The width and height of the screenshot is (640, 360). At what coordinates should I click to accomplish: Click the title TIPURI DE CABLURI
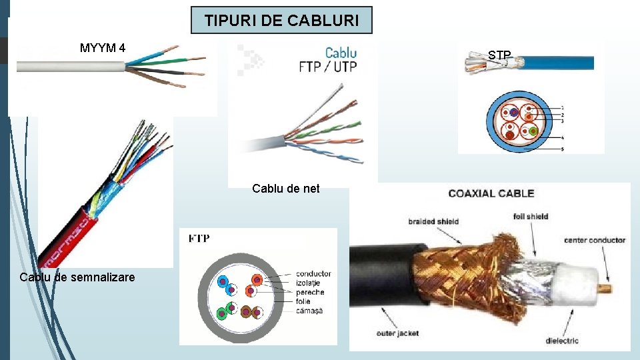click(281, 21)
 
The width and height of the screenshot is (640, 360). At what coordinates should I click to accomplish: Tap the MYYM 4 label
click(103, 48)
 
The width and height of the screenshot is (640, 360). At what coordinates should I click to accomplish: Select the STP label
click(499, 55)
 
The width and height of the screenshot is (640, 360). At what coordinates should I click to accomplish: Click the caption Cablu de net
click(286, 189)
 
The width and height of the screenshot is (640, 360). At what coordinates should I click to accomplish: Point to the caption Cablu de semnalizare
click(77, 277)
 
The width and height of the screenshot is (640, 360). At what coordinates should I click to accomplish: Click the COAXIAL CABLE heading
click(491, 193)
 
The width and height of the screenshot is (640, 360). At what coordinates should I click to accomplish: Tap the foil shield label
click(531, 216)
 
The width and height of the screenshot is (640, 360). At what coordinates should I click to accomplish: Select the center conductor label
click(595, 240)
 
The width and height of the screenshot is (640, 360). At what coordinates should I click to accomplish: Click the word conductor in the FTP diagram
click(313, 274)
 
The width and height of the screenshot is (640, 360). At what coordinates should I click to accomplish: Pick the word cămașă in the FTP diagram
click(309, 311)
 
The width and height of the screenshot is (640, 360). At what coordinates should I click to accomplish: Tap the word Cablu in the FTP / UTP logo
click(341, 52)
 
